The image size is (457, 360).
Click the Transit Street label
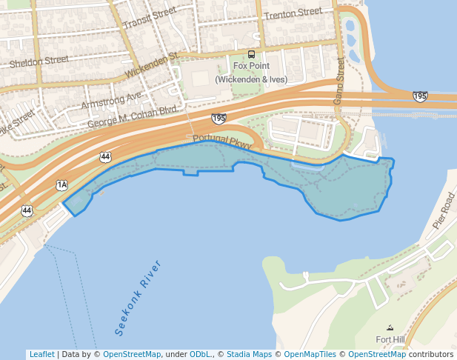coord(150,19)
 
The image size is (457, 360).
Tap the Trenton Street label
coord(294,13)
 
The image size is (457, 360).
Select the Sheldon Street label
coord(39,61)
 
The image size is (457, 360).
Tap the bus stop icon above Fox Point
coord(252,54)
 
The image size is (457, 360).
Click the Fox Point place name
coord(251,66)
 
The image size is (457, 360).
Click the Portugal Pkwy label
coord(222,141)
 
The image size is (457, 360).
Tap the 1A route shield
coord(61,184)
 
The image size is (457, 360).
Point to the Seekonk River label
coord(138,295)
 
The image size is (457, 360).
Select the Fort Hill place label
coord(390,339)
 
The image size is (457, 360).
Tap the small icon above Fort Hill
coord(390,327)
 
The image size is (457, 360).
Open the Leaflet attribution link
coord(41,354)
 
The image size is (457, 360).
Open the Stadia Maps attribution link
coord(249,354)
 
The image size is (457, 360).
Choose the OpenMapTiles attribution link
coord(310,354)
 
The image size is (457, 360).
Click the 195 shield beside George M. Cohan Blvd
coord(218,119)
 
